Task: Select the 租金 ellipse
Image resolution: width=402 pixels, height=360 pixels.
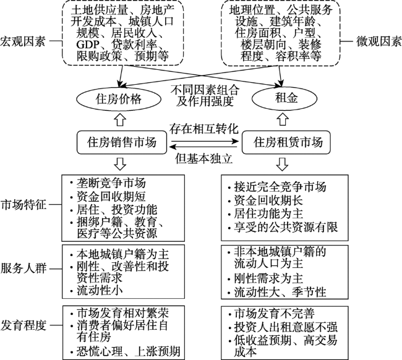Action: [281, 98]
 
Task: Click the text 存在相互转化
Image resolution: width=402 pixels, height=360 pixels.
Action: [203, 130]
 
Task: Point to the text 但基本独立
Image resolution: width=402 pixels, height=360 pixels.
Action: [203, 158]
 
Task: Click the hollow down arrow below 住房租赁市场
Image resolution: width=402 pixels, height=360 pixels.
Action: [281, 165]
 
